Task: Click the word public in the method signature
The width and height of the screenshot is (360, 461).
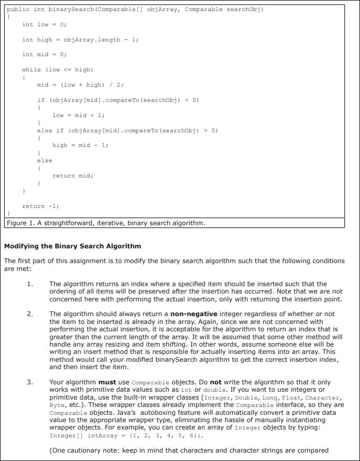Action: (x=16, y=9)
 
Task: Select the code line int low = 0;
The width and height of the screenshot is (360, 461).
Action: (x=44, y=24)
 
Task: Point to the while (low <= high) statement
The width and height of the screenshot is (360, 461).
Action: (x=57, y=69)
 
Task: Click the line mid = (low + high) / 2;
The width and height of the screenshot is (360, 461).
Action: (x=80, y=85)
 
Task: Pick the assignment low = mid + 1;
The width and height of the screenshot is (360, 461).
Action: (x=78, y=115)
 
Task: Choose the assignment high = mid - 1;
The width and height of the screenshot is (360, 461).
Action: (x=80, y=145)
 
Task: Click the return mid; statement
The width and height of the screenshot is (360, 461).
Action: (x=73, y=175)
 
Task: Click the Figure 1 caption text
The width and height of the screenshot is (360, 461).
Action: (x=105, y=223)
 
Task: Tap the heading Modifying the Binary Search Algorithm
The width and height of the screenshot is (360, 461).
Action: (x=73, y=246)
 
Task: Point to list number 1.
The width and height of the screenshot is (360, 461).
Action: (x=30, y=284)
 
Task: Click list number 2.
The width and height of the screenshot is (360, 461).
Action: (x=30, y=314)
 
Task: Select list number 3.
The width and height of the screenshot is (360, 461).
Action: (x=30, y=382)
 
